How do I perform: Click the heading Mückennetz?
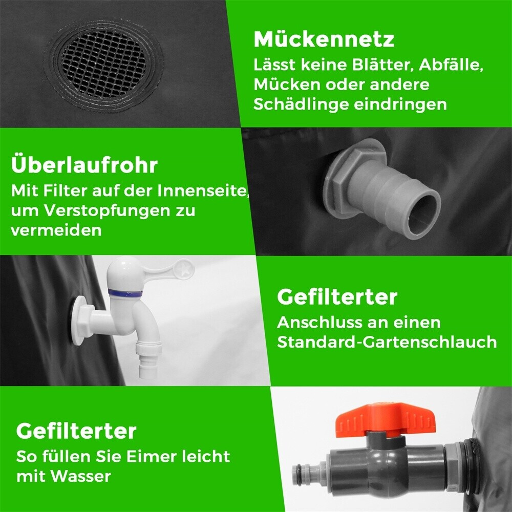click(324, 39)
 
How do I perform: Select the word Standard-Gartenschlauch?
click(387, 342)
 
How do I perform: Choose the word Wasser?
click(81, 476)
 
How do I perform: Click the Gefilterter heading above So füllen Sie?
click(76, 431)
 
